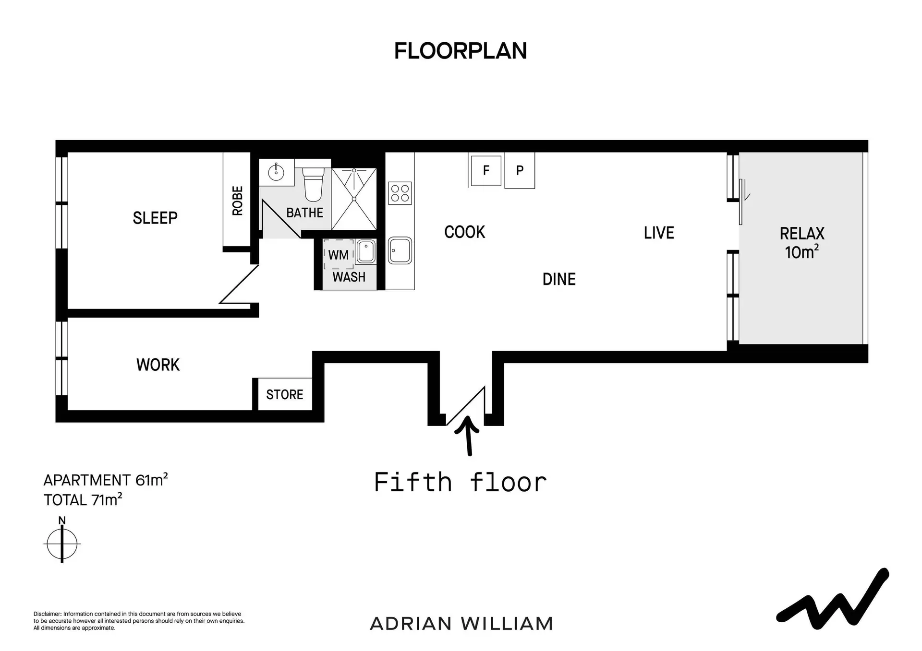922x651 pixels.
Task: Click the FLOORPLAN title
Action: tap(461, 51)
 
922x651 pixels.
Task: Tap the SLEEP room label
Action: tap(155, 218)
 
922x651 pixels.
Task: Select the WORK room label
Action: tap(158, 365)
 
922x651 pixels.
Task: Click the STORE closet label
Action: tap(285, 394)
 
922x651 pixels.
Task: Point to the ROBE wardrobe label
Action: tap(237, 201)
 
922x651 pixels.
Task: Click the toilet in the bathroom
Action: tap(313, 185)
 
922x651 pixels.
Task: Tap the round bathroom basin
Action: tap(276, 172)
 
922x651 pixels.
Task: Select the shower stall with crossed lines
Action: tap(354, 199)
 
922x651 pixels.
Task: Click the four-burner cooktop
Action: tap(400, 193)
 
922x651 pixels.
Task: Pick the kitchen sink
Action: tap(400, 250)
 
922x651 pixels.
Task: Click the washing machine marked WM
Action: tap(339, 254)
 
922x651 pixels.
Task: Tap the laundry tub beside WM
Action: tap(365, 252)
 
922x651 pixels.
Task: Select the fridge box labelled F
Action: tap(486, 170)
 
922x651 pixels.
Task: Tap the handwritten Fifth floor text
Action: tap(460, 482)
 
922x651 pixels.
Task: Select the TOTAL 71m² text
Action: tap(83, 499)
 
